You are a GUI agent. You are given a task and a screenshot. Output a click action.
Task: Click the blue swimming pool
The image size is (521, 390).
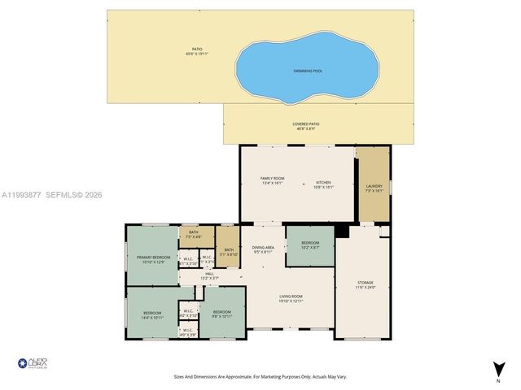coord(308,68)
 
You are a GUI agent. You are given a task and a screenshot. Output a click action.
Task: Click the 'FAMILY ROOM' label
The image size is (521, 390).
coord(272,180)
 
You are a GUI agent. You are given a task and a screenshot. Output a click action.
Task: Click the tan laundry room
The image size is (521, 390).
coord(373,186)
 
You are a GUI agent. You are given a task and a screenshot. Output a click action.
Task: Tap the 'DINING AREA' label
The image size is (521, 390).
coord(263,249)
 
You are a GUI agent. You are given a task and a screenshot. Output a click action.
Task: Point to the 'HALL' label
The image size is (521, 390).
coord(209,275)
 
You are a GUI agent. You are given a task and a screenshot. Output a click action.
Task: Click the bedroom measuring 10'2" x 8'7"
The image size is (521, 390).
coord(310,245)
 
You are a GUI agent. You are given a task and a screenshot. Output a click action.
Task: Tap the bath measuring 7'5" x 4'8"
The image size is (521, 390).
coord(194,235)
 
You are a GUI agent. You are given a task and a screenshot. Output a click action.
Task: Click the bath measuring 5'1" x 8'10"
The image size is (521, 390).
coord(229,251)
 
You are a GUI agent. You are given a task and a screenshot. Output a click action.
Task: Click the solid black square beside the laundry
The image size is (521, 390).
coord(343,232)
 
